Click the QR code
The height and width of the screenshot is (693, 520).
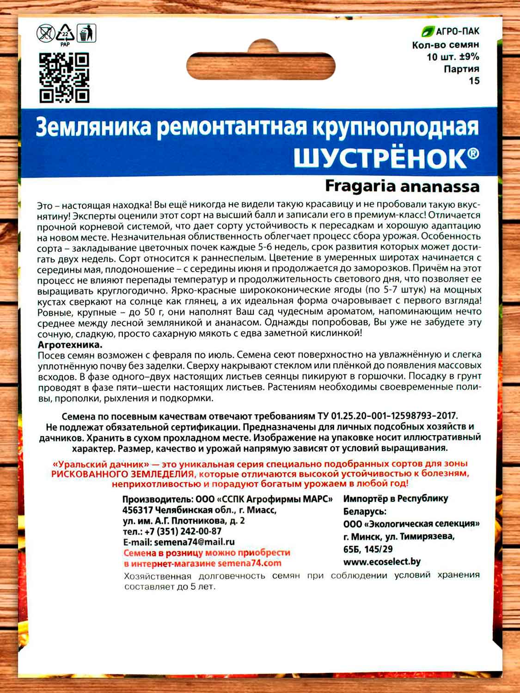pyautogui.click(x=64, y=77)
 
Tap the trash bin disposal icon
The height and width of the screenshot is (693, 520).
pyautogui.click(x=86, y=33)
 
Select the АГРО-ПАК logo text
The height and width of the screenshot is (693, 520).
pyautogui.click(x=457, y=31)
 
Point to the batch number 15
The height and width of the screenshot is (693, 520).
pyautogui.click(x=474, y=81)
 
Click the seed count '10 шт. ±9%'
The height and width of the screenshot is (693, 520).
pyautogui.click(x=453, y=57)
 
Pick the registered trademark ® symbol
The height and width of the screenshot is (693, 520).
pyautogui.click(x=474, y=153)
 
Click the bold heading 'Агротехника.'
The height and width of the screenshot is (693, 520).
pyautogui.click(x=70, y=345)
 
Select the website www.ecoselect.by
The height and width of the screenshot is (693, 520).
pyautogui.click(x=382, y=562)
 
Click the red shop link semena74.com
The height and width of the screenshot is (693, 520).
pyautogui.click(x=249, y=563)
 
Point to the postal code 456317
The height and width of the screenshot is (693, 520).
pyautogui.click(x=138, y=510)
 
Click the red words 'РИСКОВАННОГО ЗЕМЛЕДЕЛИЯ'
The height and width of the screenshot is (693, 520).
pyautogui.click(x=122, y=474)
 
